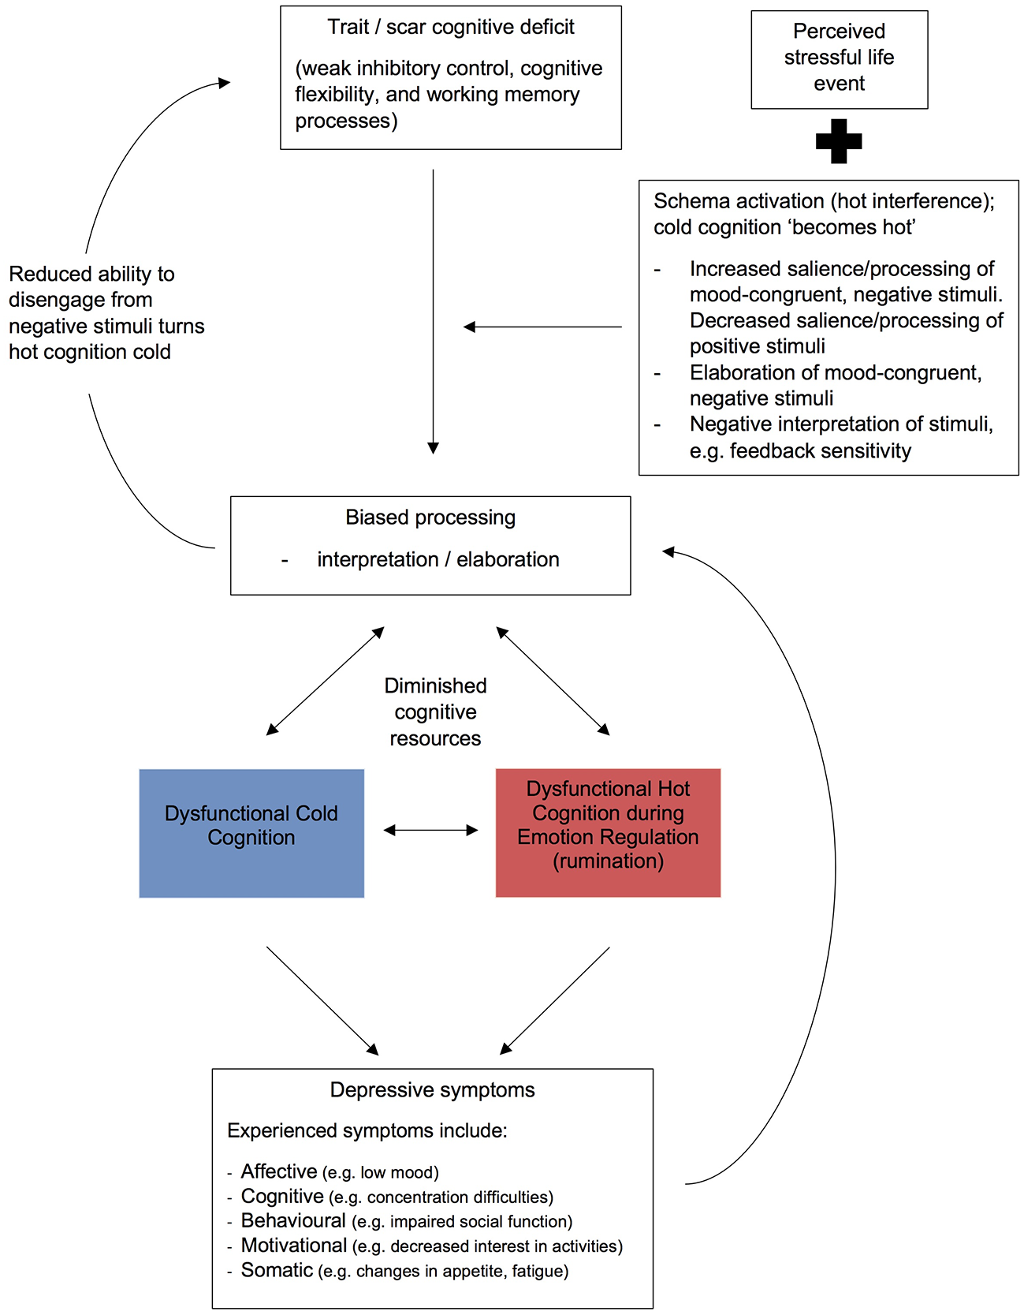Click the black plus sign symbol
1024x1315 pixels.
pyautogui.click(x=839, y=141)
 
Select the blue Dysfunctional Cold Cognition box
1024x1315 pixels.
pyautogui.click(x=251, y=833)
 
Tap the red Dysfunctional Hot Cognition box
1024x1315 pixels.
pyautogui.click(x=608, y=832)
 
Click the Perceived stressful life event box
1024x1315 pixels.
pyautogui.click(x=839, y=59)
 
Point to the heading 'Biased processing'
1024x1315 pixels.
pyautogui.click(x=430, y=517)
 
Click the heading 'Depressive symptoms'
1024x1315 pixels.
pyautogui.click(x=432, y=1089)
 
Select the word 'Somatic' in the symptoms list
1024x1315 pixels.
pyautogui.click(x=277, y=1270)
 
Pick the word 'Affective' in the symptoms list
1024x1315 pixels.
pyautogui.click(x=279, y=1171)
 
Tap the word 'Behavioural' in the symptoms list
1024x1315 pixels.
pyautogui.click(x=293, y=1220)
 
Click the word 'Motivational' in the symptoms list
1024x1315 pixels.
pyautogui.click(x=294, y=1246)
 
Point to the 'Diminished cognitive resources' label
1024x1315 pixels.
pyautogui.click(x=435, y=712)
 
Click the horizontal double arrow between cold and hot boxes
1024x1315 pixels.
pyautogui.click(x=430, y=830)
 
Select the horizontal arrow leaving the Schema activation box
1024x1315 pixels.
pyautogui.click(x=542, y=327)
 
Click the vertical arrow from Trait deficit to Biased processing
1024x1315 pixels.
pyautogui.click(x=433, y=312)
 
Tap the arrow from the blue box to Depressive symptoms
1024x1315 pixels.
pyautogui.click(x=322, y=1001)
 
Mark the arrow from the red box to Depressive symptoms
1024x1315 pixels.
pyautogui.click(x=555, y=1001)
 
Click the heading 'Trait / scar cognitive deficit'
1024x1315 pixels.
pyautogui.click(x=451, y=27)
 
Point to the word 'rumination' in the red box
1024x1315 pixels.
pyautogui.click(x=608, y=861)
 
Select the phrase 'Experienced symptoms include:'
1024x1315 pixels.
pyautogui.click(x=367, y=1130)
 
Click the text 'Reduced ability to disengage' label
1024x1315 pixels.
pyautogui.click(x=106, y=312)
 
